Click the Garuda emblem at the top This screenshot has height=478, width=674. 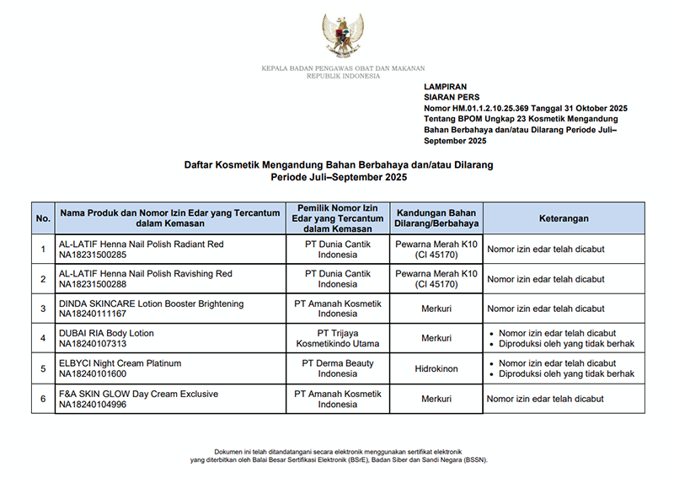[x=343, y=34]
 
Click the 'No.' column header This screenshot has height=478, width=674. [x=43, y=218]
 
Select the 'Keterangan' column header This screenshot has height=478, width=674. [x=564, y=218]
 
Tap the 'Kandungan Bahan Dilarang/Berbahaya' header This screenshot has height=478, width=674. [x=436, y=218]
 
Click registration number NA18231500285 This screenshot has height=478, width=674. [x=93, y=255]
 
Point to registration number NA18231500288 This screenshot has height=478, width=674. [x=93, y=285]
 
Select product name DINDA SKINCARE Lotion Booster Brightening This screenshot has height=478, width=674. [x=151, y=303]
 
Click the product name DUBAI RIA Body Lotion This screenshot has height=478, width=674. [x=106, y=333]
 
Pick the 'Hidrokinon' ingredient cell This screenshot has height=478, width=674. [x=436, y=369]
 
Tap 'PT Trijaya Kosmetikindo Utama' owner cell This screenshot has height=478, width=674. [x=338, y=339]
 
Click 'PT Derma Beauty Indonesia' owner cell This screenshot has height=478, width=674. [x=338, y=369]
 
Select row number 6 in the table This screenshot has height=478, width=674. [x=43, y=399]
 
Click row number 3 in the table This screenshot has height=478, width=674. [x=43, y=309]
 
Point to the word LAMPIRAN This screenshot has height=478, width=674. [x=446, y=87]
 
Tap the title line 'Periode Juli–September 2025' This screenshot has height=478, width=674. [x=339, y=178]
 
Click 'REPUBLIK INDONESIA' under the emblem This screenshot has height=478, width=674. [x=343, y=76]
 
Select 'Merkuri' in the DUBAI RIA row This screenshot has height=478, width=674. [x=436, y=339]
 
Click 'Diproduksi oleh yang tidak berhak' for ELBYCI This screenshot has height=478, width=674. [x=566, y=373]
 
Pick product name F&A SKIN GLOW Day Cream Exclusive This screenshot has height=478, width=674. [x=138, y=394]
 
